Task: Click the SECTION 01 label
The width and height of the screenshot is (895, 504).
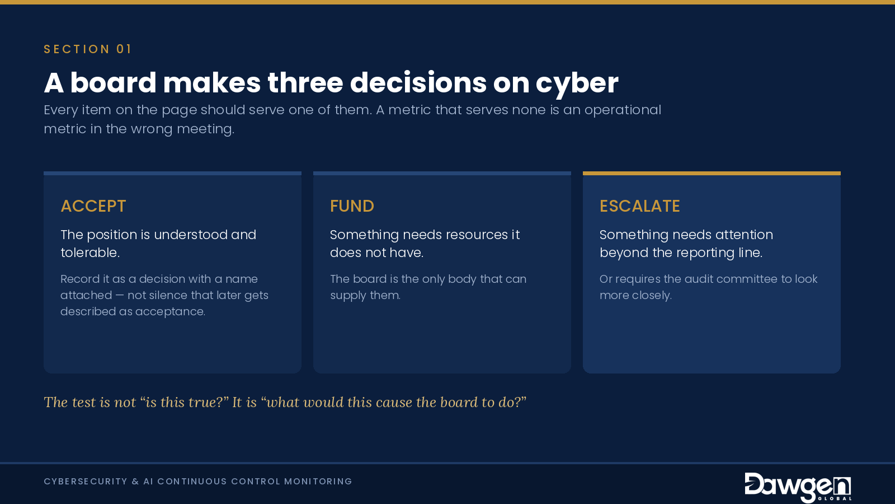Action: point(87,49)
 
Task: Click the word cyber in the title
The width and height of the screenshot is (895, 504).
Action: point(577,83)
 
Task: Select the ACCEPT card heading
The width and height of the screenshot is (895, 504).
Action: point(93,206)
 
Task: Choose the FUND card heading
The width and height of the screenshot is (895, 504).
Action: point(352,206)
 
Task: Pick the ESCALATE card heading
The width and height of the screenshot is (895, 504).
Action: point(640,206)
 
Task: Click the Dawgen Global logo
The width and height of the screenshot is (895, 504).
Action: point(798,487)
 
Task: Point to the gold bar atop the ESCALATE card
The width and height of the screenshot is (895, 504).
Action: point(712,173)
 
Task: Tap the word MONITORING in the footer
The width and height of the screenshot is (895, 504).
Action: point(318,481)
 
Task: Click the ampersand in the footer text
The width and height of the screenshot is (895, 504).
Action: point(135,481)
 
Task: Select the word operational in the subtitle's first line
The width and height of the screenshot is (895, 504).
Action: point(623,110)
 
